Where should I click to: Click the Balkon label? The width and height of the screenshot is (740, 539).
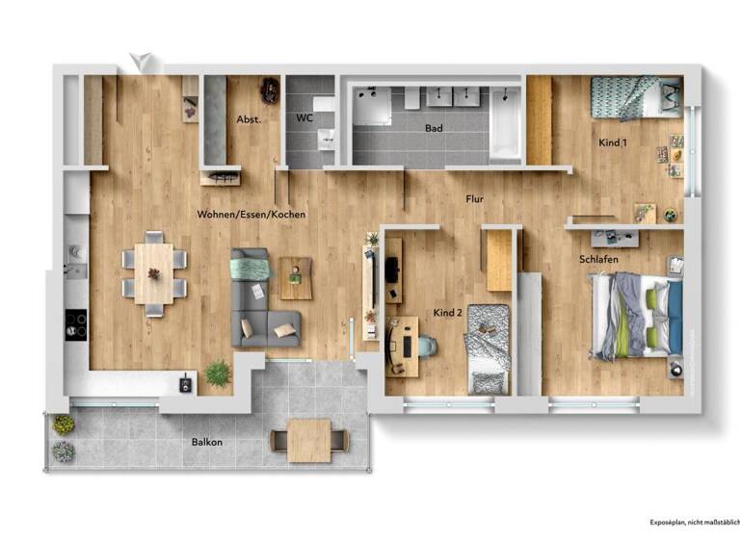(x=206, y=443)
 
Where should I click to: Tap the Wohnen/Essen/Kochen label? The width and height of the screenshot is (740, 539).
(x=251, y=214)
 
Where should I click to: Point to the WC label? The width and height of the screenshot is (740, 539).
(x=304, y=118)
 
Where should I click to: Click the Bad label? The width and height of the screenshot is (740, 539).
(x=435, y=127)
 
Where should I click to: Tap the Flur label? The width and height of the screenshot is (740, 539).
(x=474, y=199)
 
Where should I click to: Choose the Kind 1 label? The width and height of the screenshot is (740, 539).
(x=613, y=142)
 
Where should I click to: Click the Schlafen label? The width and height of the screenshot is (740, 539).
(x=598, y=260)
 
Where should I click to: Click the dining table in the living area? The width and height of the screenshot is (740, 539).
(x=153, y=273)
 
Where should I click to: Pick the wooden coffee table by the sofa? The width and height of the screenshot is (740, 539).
(x=295, y=277)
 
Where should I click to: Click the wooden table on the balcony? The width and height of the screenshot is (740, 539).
(x=310, y=438)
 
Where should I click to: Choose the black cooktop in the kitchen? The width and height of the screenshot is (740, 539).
(x=75, y=324)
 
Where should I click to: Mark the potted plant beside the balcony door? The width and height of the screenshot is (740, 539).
(x=218, y=372)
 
